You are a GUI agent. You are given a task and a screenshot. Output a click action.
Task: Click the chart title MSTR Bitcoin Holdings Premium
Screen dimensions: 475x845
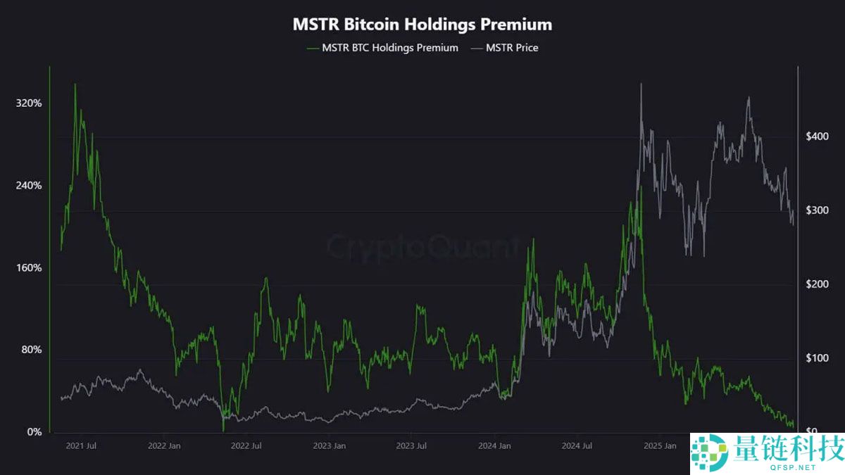pyautogui.click(x=423, y=24)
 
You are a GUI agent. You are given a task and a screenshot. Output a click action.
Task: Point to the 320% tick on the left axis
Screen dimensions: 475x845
pyautogui.click(x=29, y=103)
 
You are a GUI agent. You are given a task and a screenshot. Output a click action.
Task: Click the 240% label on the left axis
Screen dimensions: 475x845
pyautogui.click(x=29, y=186)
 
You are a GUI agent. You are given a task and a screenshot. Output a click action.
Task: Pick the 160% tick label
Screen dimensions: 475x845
pyautogui.click(x=29, y=268)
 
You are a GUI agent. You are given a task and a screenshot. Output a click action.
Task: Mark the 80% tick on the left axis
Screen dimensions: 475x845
pyautogui.click(x=31, y=350)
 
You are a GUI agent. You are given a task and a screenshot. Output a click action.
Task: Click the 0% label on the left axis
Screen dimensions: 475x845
pyautogui.click(x=34, y=432)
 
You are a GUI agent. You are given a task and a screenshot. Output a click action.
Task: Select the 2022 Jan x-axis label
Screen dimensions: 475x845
pyautogui.click(x=165, y=445)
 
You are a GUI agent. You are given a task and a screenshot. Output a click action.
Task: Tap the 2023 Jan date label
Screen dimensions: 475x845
pyautogui.click(x=329, y=445)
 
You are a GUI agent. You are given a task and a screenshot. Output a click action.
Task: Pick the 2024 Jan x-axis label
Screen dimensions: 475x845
pyautogui.click(x=494, y=445)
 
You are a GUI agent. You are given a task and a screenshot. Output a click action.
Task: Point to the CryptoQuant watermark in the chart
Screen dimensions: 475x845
pyautogui.click(x=423, y=248)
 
